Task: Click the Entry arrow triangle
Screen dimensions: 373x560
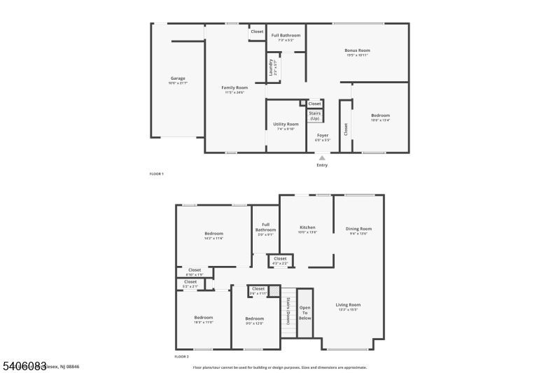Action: (x=322, y=158)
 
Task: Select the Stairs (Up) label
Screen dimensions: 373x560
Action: (x=315, y=115)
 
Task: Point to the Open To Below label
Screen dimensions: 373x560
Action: (x=305, y=312)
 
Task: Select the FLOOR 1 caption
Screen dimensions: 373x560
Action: (x=157, y=174)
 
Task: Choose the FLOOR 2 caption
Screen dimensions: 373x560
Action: (x=181, y=357)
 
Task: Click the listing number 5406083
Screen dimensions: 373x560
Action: (x=24, y=366)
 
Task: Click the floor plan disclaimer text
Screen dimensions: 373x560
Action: (x=279, y=367)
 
